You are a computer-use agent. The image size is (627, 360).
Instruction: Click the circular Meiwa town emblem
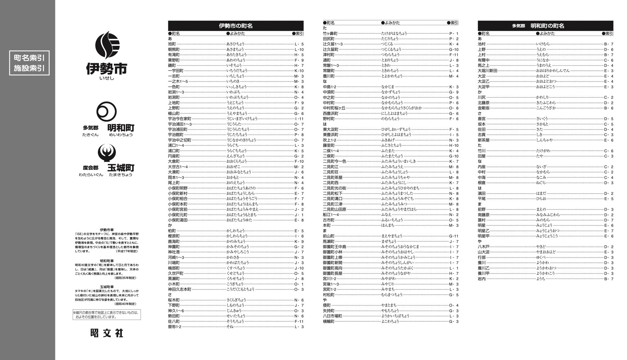pos(107,112)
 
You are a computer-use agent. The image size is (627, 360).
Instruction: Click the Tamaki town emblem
pos(107,153)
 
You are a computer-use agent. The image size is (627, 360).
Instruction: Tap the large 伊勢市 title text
pos(107,68)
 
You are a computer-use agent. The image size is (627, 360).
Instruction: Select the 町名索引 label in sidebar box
pos(29,58)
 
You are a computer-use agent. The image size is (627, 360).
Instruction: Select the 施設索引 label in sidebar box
pos(29,68)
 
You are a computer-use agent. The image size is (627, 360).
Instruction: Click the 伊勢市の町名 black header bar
pos(236,26)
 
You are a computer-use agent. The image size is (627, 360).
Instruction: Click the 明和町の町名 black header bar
pos(545,26)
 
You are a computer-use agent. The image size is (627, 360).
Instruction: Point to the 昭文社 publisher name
pos(107,333)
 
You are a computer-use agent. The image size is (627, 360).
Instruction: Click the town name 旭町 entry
pos(172,44)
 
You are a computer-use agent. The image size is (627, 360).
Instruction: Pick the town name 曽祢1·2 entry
pos(175,327)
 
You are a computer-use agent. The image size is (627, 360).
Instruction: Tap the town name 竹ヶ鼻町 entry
pos(330,33)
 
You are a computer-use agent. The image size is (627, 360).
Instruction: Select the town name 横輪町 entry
pos(328,321)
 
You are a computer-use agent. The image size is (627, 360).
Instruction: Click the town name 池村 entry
pos(482,44)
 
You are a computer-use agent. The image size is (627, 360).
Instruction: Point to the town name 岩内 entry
pos(482,279)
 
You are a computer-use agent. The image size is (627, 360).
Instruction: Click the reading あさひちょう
pos(235,44)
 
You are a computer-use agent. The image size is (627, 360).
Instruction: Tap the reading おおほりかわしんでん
pos(553,71)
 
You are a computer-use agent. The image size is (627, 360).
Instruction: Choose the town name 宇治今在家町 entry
pos(180,119)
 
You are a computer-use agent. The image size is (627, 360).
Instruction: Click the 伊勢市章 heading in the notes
pos(107,230)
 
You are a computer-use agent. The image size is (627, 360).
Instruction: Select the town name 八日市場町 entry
pos(332,316)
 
